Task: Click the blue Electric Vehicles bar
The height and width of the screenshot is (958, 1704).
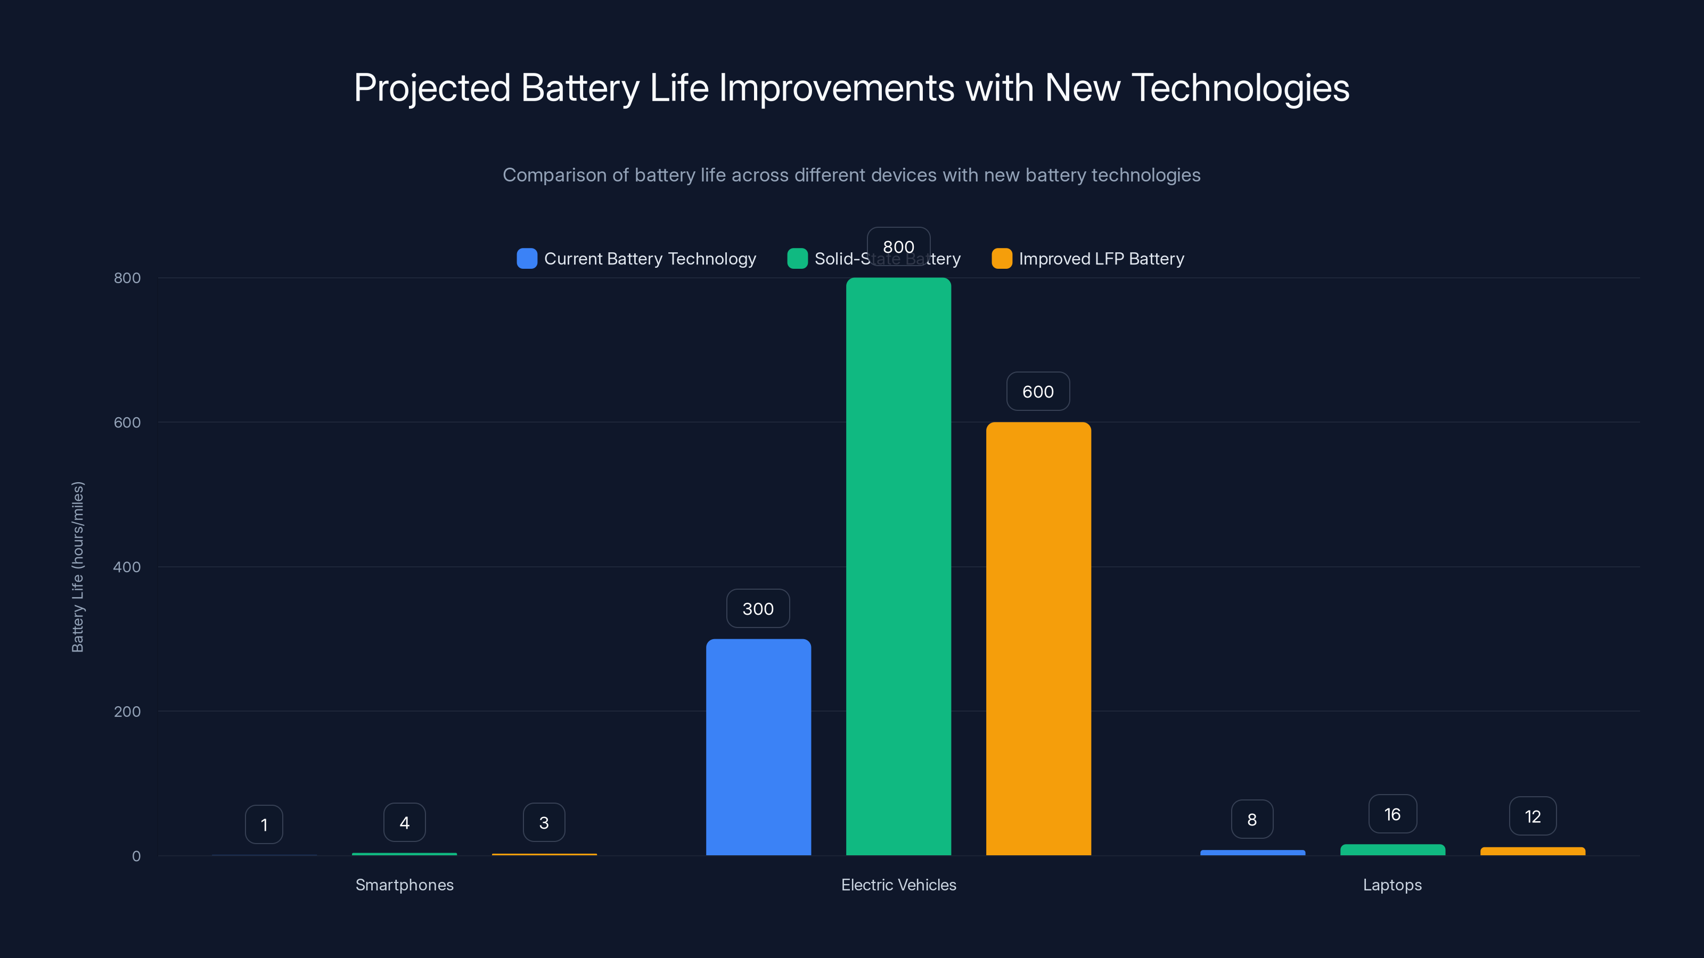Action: pyautogui.click(x=758, y=747)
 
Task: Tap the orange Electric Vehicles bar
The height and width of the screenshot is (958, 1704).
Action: pyautogui.click(x=1038, y=639)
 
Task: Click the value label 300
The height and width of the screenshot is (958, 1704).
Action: pyautogui.click(x=758, y=608)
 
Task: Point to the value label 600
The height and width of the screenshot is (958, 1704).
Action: pyautogui.click(x=1038, y=391)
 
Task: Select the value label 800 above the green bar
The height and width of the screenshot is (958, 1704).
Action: pyautogui.click(x=898, y=246)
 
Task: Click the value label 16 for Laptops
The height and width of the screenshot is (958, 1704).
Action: pyautogui.click(x=1392, y=814)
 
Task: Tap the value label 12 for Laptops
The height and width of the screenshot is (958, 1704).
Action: pyautogui.click(x=1533, y=816)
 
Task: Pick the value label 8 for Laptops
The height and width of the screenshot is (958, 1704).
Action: pyautogui.click(x=1251, y=819)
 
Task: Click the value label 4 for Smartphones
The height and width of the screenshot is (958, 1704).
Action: pyautogui.click(x=404, y=822)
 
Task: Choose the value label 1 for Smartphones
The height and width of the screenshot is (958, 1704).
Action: pyautogui.click(x=264, y=824)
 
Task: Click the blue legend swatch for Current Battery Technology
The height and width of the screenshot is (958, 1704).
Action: pyautogui.click(x=527, y=259)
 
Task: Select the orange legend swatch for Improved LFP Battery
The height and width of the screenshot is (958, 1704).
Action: pyautogui.click(x=1002, y=259)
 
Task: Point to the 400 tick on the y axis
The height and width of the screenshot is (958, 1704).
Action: pyautogui.click(x=127, y=567)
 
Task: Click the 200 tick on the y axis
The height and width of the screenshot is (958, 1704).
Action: pyautogui.click(x=127, y=712)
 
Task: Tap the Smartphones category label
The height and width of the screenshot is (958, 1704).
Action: pyautogui.click(x=404, y=885)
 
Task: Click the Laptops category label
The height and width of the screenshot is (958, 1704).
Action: pyautogui.click(x=1392, y=885)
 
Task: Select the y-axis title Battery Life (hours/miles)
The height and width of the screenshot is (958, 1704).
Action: pyautogui.click(x=77, y=567)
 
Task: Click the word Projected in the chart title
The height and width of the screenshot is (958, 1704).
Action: pyautogui.click(x=432, y=88)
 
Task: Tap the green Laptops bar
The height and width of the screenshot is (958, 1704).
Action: pyautogui.click(x=1392, y=849)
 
